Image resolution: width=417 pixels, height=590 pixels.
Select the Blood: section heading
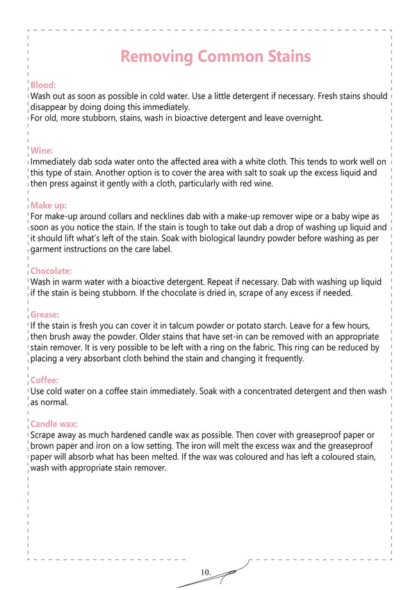(x=43, y=85)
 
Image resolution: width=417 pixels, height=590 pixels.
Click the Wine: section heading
(x=42, y=150)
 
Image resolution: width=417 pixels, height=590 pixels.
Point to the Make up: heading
(x=49, y=205)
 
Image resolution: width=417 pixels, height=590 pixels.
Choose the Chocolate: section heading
(x=51, y=271)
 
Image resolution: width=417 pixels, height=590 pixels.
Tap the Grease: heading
(x=45, y=314)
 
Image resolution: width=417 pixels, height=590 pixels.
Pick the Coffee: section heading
(x=44, y=381)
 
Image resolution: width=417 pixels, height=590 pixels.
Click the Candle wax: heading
(x=54, y=424)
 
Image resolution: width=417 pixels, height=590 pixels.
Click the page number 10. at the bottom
(x=206, y=572)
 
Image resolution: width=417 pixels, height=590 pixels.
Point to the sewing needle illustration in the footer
(x=229, y=572)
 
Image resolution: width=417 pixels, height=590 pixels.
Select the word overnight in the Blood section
(x=302, y=118)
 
